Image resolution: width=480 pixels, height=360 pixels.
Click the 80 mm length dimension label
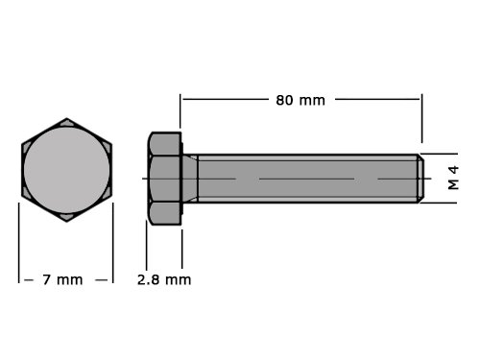pyautogui.click(x=300, y=101)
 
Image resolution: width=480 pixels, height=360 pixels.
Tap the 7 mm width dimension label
pyautogui.click(x=62, y=280)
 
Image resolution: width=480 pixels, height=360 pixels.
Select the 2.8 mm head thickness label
pyautogui.click(x=164, y=280)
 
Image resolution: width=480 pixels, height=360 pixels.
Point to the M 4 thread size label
pyautogui.click(x=453, y=178)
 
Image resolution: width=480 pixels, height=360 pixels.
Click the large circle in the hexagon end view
pyautogui.click(x=67, y=170)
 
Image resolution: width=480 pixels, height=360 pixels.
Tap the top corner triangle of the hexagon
pyautogui.click(x=67, y=123)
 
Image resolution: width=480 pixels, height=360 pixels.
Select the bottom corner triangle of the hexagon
pyautogui.click(x=67, y=217)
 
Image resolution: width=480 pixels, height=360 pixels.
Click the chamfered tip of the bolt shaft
pyautogui.click(x=420, y=179)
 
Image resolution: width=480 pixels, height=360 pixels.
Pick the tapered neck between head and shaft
pyautogui.click(x=190, y=179)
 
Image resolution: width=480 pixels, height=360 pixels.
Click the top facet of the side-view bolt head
pyautogui.click(x=165, y=144)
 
